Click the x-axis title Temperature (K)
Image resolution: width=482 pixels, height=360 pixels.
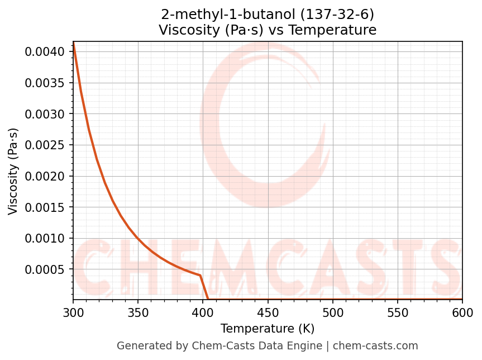[x=268, y=328]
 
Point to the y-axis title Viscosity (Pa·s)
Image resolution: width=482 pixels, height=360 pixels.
[x=13, y=171]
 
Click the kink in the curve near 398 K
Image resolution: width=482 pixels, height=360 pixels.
[x=200, y=275]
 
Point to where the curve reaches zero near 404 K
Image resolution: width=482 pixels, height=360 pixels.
[x=208, y=300]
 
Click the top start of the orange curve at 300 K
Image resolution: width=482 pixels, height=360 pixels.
[x=73, y=42]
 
